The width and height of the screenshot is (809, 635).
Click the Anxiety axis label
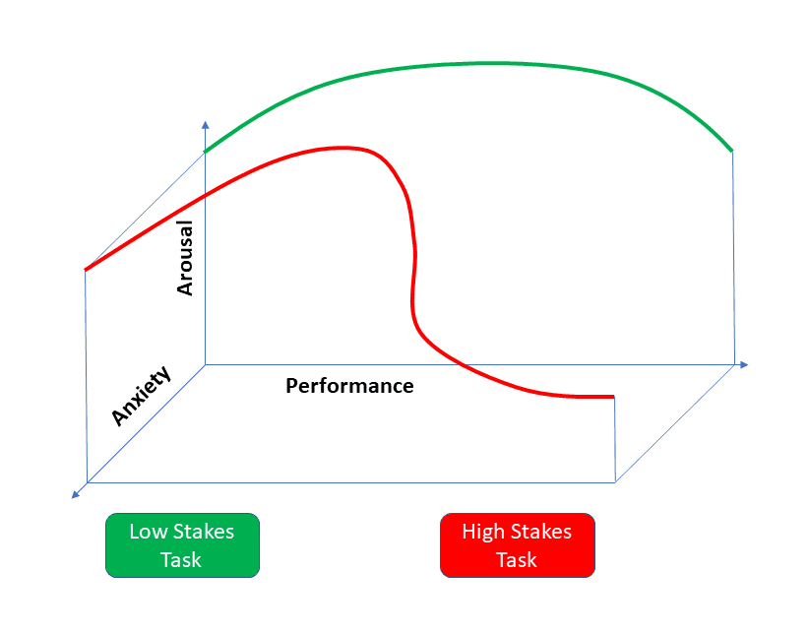(x=141, y=396)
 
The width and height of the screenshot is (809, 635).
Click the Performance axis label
(x=349, y=386)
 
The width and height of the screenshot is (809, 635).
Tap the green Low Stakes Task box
(x=182, y=545)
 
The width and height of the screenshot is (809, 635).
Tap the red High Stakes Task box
(x=517, y=545)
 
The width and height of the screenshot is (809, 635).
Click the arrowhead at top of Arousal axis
(x=205, y=124)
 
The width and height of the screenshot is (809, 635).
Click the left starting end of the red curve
(x=87, y=269)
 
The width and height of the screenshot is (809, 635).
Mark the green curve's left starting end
(x=206, y=152)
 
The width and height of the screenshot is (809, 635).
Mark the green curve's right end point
(x=732, y=151)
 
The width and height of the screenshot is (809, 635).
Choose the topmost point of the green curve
(x=472, y=64)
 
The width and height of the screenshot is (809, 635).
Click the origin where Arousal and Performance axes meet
(x=205, y=364)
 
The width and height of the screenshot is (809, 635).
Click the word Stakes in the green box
(x=204, y=533)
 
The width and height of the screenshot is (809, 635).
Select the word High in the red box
(x=483, y=533)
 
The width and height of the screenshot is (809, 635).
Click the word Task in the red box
(x=517, y=560)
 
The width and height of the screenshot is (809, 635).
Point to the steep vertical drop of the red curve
(x=408, y=266)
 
